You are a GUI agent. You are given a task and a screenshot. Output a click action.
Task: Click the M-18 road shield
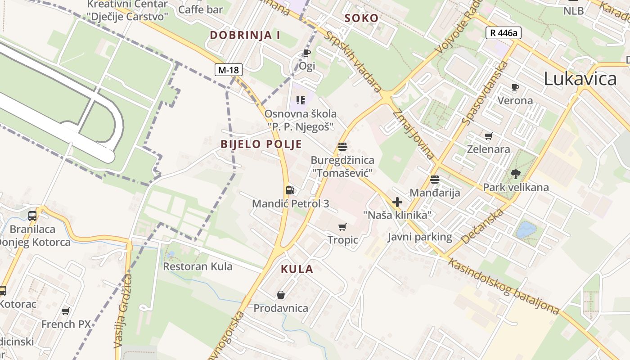coord(229,70)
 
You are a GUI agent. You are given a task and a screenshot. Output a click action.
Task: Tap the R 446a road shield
coord(503,32)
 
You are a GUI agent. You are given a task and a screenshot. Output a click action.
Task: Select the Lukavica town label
coord(580,79)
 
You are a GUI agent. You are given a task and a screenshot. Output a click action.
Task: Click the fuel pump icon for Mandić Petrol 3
coord(290,190)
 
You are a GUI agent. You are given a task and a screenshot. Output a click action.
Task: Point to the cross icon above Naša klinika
coord(397,202)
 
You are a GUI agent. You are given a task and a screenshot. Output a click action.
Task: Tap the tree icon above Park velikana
coord(516,174)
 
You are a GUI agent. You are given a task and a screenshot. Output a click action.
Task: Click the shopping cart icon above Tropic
coord(343,227)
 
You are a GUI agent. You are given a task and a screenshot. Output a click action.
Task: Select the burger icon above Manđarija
coord(435,180)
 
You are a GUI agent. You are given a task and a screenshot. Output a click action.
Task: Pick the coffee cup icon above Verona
coord(515,87)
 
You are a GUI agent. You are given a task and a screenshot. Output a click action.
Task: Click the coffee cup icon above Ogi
coord(307,53)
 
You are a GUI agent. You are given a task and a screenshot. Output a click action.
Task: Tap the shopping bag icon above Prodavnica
coord(281,295)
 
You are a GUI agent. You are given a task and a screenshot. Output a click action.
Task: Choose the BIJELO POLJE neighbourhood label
coord(261,144)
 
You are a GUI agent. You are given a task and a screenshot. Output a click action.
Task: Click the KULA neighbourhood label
coord(297,269)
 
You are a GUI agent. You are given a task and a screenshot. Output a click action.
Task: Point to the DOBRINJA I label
coord(245,35)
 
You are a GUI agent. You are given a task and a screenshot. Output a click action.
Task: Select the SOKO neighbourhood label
coord(361,18)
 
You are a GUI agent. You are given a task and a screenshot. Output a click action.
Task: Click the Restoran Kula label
coord(198,266)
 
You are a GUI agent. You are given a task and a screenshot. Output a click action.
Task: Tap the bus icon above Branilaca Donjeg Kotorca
coord(32,216)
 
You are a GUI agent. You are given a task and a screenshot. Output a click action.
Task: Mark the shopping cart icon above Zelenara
coord(489,136)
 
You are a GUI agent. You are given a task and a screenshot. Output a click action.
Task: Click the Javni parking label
coord(419,237)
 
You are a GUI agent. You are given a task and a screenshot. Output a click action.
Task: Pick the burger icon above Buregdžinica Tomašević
coord(342,147)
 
